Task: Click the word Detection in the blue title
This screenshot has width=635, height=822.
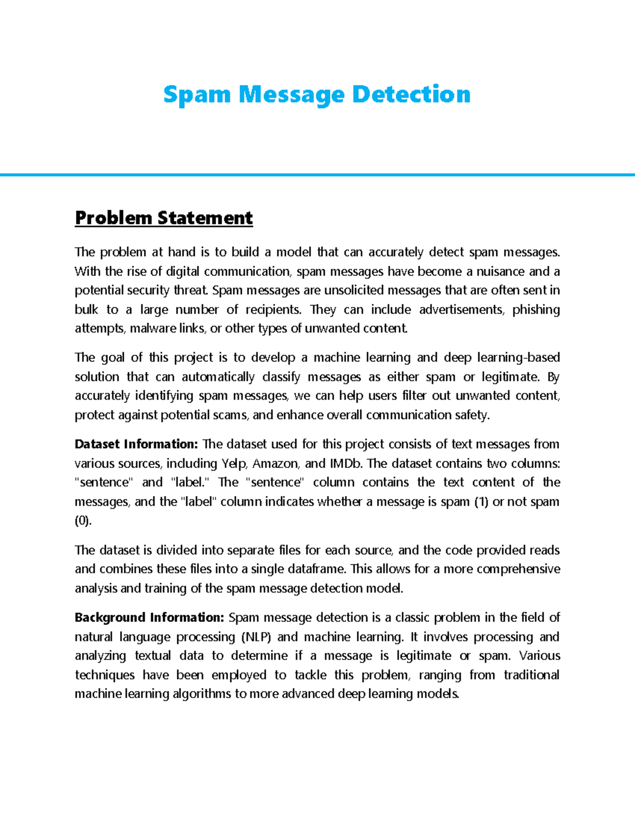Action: [x=411, y=95]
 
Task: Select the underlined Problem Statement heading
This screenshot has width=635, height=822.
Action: [x=164, y=218]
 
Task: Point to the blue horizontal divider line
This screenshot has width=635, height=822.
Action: [x=317, y=174]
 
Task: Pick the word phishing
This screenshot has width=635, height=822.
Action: [x=536, y=310]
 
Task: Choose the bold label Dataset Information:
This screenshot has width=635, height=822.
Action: [x=136, y=444]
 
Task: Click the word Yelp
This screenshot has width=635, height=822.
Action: [x=234, y=464]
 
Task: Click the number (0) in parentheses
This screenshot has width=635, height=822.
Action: [x=83, y=521]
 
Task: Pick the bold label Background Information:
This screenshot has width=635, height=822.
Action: [x=150, y=618]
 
